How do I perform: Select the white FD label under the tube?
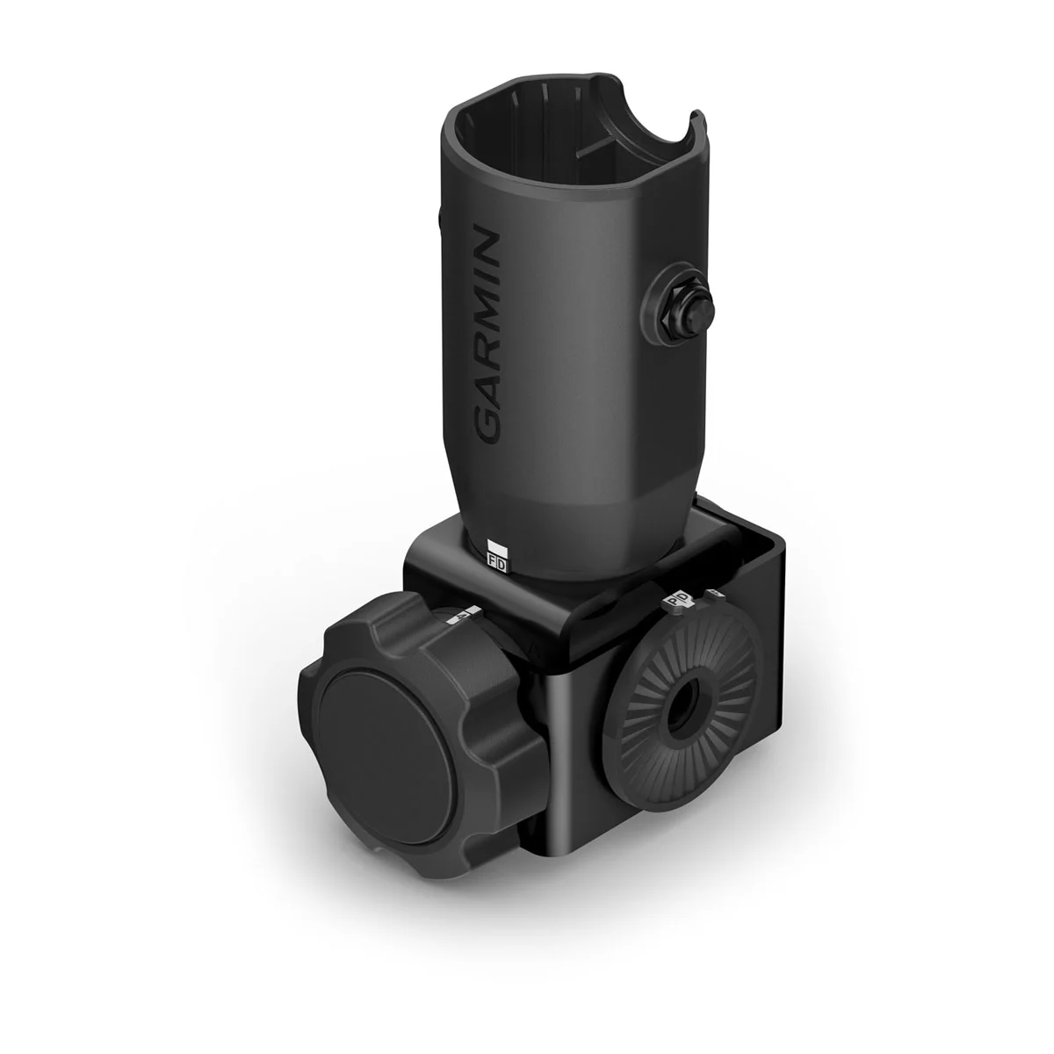click(497, 559)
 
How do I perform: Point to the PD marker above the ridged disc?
click(676, 600)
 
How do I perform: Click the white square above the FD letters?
click(495, 544)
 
